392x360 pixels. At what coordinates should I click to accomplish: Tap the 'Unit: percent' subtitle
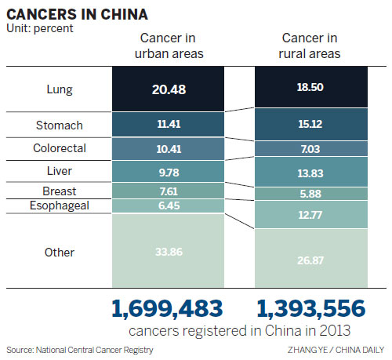(x=38, y=28)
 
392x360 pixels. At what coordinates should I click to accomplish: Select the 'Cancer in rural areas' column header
(x=310, y=46)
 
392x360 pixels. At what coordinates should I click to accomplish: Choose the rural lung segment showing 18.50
(x=310, y=90)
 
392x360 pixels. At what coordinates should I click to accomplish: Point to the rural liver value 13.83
(x=310, y=171)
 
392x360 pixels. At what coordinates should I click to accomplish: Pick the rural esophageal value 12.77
(x=310, y=213)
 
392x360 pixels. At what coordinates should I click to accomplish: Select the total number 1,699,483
(x=165, y=307)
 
